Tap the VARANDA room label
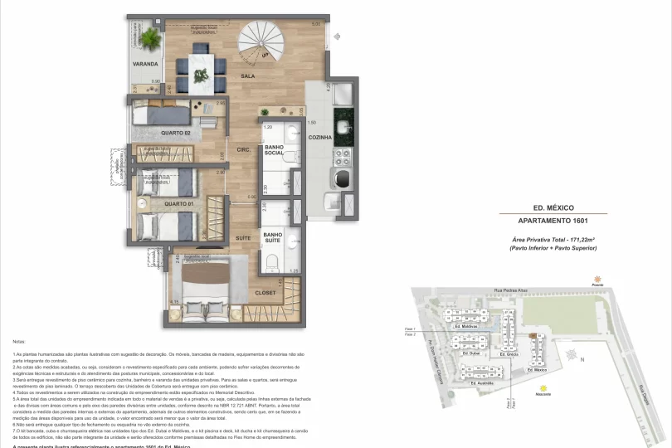click(146, 64)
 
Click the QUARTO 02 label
click(176, 133)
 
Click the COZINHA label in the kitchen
click(320, 137)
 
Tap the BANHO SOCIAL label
click(274, 150)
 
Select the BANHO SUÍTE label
click(273, 239)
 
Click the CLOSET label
click(265, 293)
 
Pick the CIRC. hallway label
click(244, 150)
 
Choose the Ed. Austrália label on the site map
click(483, 383)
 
